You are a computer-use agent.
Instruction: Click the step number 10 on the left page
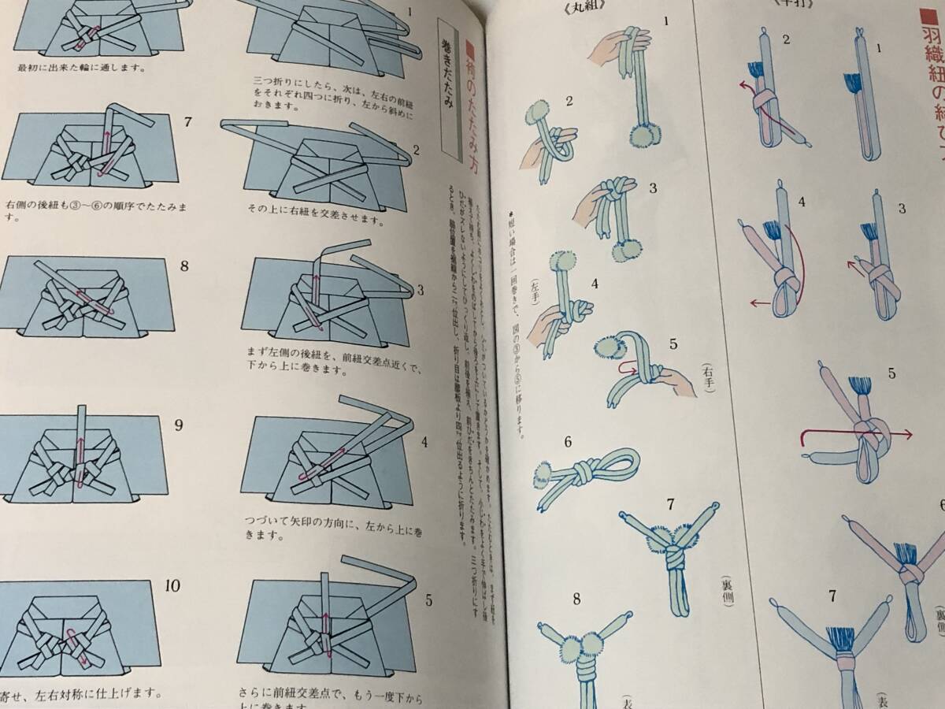[173, 585]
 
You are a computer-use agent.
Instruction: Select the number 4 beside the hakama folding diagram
[424, 441]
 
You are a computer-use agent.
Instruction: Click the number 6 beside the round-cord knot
[566, 442]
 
